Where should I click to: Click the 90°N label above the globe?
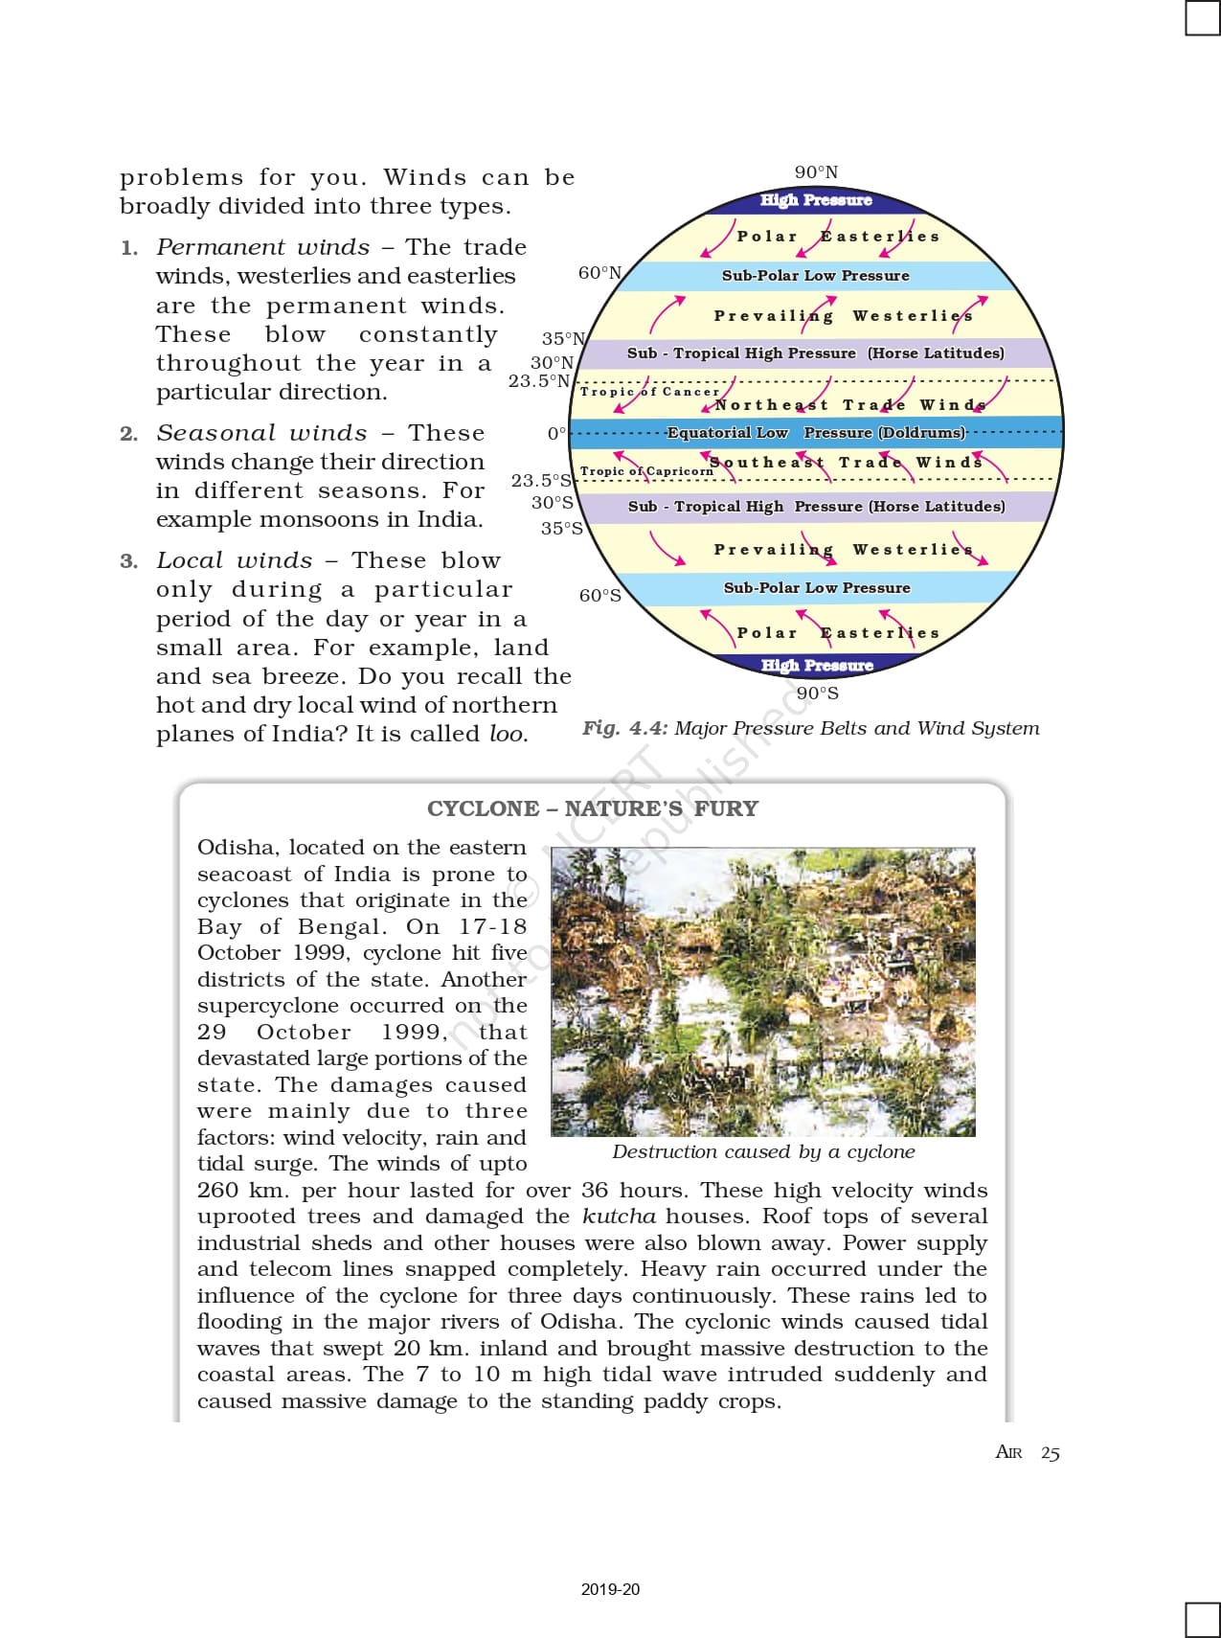[x=816, y=172]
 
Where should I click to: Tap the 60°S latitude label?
[x=599, y=596]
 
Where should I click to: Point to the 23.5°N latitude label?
[x=539, y=381]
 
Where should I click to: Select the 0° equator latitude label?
[x=556, y=434]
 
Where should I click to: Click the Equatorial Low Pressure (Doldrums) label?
[x=816, y=433]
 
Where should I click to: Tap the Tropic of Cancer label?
[x=649, y=392]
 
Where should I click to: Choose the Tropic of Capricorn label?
[x=646, y=471]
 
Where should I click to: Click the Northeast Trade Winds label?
[x=850, y=405]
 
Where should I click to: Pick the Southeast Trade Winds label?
[x=846, y=463]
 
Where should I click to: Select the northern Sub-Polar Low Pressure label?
[x=816, y=276]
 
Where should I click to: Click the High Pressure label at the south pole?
[x=817, y=665]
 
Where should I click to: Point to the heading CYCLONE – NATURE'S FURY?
[x=592, y=809]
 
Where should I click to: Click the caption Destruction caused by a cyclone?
[x=763, y=1152]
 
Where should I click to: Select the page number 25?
[x=1051, y=1453]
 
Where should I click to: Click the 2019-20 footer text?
[x=610, y=1589]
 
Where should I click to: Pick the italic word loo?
[x=508, y=735]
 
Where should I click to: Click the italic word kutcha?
[x=619, y=1217]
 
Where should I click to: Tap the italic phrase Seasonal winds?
[x=261, y=434]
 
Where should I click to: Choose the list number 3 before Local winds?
[x=128, y=561]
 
